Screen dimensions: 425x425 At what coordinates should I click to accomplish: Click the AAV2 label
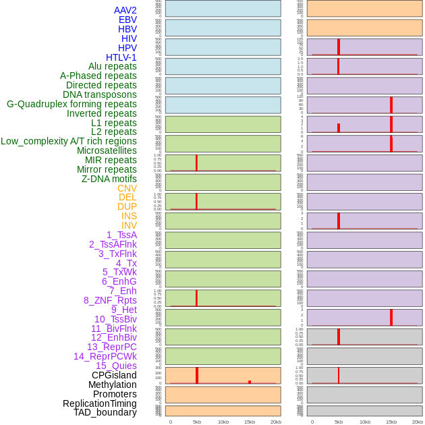coord(125,10)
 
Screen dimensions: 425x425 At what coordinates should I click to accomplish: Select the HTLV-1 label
coord(121,57)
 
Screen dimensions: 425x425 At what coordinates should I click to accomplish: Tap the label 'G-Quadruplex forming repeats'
coord(72,104)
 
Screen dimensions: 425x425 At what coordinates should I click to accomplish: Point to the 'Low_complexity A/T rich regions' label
coord(69,141)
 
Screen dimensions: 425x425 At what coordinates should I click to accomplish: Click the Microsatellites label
coord(107,150)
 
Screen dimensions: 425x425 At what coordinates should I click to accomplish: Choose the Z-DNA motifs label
coord(109,179)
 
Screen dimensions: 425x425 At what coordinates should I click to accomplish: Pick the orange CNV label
coord(127,188)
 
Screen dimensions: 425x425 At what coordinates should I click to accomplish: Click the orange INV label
coord(129,225)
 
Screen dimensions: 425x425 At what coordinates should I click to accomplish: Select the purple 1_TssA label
coord(121,235)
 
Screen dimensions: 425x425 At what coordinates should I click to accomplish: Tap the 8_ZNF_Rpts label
coord(110,300)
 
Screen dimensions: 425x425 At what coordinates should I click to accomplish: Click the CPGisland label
coord(114,375)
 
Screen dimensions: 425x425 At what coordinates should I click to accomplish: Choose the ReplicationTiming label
coord(100,403)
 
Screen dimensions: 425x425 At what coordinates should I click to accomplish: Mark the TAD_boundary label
coord(105,412)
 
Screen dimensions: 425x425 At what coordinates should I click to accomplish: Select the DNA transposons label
coord(100,94)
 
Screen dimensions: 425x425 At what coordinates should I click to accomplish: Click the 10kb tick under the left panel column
coord(223,422)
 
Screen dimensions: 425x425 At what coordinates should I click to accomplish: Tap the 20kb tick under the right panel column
coord(417,422)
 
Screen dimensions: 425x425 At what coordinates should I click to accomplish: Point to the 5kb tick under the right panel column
coord(339,422)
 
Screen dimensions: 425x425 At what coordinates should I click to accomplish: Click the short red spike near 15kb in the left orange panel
coord(250,382)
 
